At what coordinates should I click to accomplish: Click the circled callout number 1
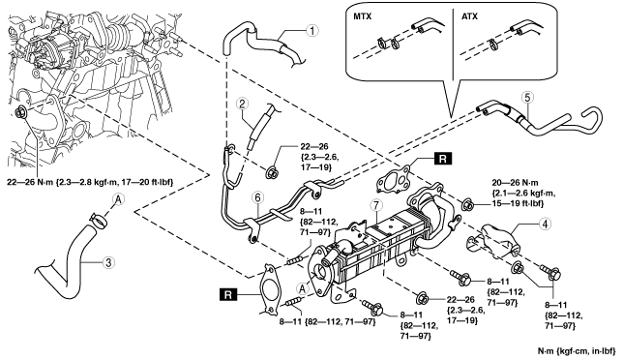coord(312,30)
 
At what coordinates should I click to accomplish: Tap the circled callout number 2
coord(242,105)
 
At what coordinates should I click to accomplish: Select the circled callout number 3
coord(108,262)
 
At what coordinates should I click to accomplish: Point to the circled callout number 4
coord(546,225)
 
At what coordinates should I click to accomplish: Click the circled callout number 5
coord(527,97)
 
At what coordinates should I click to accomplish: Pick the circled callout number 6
coord(258,197)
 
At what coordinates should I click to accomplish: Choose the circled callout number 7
coord(375,205)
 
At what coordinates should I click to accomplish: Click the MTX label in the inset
coord(363,16)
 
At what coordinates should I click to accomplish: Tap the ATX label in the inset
coord(469,16)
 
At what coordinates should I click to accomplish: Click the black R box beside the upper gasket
coord(443,158)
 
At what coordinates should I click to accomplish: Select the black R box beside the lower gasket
coord(227,295)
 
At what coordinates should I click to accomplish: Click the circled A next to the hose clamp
coord(118,200)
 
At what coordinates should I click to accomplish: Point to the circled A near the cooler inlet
coord(303,288)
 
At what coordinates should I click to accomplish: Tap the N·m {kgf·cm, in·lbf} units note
coord(577,351)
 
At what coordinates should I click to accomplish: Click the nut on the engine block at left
coord(20,111)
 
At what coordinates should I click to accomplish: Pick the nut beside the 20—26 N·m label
coord(467,205)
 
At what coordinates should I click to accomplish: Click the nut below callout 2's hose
coord(272,173)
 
